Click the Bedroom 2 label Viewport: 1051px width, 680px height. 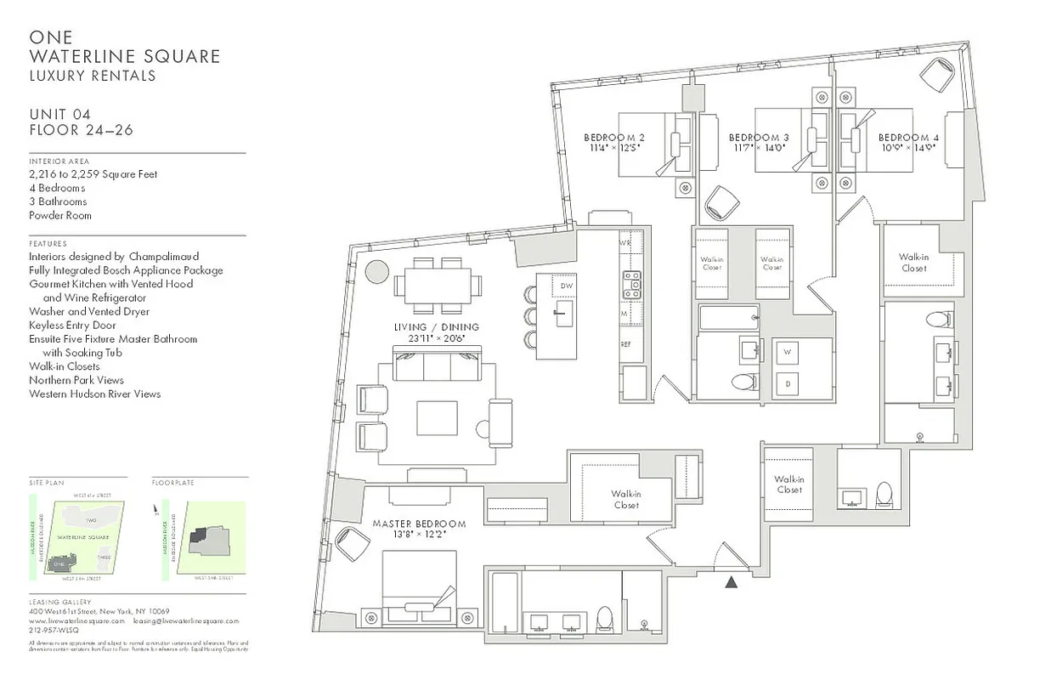[613, 138]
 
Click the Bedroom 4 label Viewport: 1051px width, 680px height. [908, 138]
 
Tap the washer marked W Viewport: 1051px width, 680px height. [786, 352]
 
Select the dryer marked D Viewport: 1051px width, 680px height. [786, 382]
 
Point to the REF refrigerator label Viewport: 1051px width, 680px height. [626, 344]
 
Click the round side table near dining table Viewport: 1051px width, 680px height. [376, 271]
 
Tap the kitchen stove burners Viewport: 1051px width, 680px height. [630, 285]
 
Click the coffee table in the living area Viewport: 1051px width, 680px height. [438, 417]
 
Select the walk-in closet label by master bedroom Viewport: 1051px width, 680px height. [625, 499]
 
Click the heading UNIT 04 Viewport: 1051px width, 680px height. [59, 115]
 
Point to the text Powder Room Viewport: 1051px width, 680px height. [60, 215]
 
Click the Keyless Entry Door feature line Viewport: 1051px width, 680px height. [72, 325]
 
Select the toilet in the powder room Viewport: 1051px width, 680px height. [884, 494]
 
